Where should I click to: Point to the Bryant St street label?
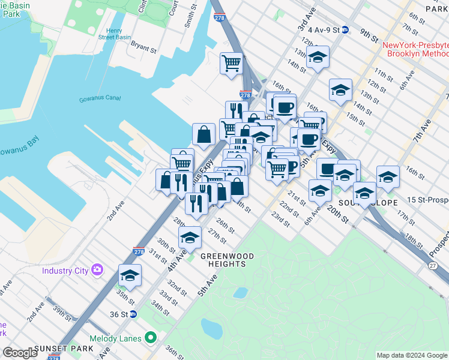[x=143, y=47]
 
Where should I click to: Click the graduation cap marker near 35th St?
[x=130, y=276]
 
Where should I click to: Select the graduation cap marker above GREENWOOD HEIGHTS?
[x=190, y=238]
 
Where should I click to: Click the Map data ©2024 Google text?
[x=412, y=355]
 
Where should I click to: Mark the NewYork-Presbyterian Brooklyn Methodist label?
[x=414, y=49]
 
